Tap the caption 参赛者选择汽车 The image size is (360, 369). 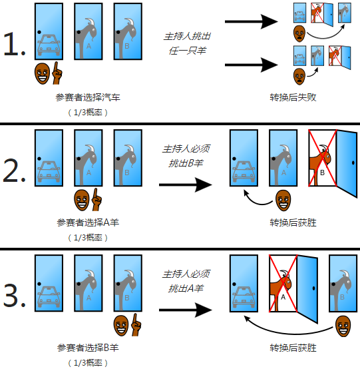[89, 97]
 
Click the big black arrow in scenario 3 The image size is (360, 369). [182, 309]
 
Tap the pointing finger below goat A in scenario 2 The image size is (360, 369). [96, 197]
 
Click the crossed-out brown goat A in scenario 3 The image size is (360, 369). [282, 286]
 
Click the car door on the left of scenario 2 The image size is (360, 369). [48, 157]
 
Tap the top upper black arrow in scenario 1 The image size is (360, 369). [251, 21]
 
